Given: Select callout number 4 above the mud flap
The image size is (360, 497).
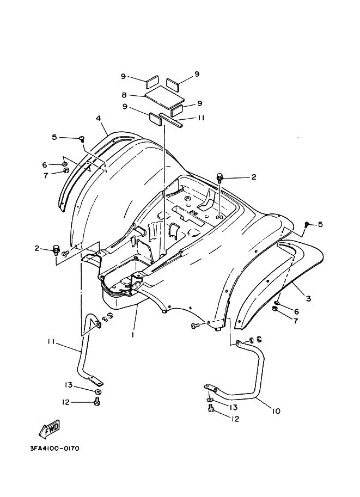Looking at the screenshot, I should coord(98,118).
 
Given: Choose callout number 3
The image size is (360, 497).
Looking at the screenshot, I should coord(308,298).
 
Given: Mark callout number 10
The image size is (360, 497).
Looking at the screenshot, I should coord(276,411).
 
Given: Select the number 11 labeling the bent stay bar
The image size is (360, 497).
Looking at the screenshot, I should coord(51,342).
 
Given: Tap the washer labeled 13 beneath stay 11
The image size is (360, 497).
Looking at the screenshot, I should coord(97,392).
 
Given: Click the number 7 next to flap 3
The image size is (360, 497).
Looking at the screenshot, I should coord(296,322).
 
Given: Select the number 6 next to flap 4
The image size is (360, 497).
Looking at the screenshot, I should coord(45,164).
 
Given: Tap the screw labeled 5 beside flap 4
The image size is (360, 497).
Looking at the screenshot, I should coord(82,139).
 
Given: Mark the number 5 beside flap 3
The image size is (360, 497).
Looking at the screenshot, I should coord(320,224).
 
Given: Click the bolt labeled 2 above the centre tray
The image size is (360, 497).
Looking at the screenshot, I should coord(221,177).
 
